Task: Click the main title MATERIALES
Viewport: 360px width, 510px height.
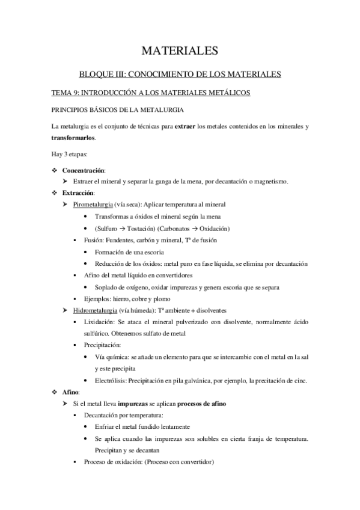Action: [180, 51]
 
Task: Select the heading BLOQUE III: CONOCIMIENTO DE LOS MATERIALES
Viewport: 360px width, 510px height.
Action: [180, 75]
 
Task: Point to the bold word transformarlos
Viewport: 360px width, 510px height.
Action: [73, 137]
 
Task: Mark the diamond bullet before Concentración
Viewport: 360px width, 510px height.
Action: [55, 171]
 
